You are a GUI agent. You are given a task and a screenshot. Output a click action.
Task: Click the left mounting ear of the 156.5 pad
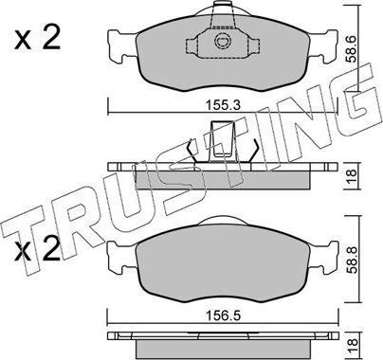tap(120, 255)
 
